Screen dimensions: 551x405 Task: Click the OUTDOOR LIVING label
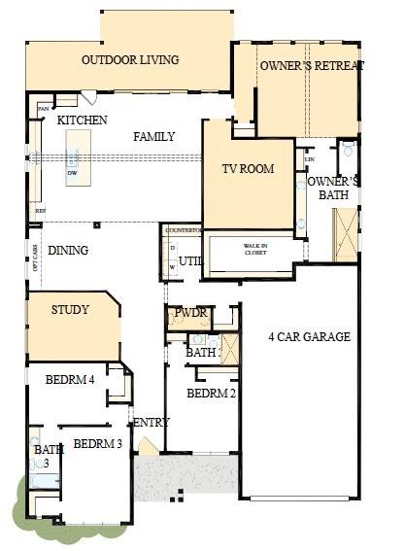[129, 60]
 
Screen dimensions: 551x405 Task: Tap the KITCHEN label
[82, 120]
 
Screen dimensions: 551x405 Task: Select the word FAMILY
[153, 137]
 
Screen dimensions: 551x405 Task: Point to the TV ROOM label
[248, 169]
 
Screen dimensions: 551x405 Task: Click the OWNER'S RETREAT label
[311, 65]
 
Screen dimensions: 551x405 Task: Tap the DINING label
[68, 251]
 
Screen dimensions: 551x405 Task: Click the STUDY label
[70, 310]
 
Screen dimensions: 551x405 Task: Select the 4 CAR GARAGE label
[309, 337]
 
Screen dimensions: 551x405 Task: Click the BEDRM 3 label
[97, 444]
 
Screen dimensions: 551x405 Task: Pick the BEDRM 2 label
[211, 394]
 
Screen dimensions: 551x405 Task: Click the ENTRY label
[152, 423]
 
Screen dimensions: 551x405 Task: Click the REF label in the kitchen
[40, 210]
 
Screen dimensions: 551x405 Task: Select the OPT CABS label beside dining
[35, 256]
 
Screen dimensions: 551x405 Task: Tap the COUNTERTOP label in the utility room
[182, 230]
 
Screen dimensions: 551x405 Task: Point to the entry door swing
[145, 446]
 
